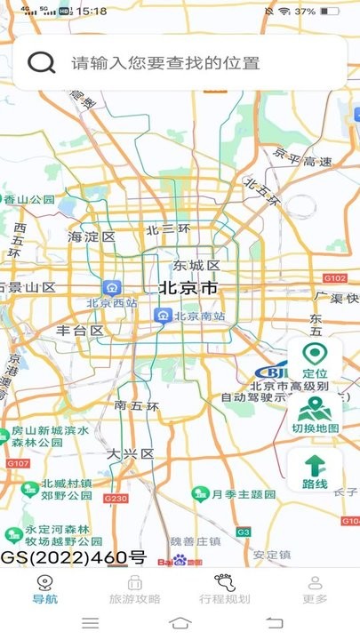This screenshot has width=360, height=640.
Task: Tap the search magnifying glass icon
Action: coord(41,62)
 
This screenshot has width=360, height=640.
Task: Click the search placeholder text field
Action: coord(165,63)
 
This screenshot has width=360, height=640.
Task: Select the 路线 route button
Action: coord(315,472)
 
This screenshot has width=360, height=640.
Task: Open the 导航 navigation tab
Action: coord(44,589)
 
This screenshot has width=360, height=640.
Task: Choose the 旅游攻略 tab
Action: coord(135,589)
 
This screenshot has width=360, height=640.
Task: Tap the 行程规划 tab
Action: coord(225,589)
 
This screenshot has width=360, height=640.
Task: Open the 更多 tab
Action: coord(315,589)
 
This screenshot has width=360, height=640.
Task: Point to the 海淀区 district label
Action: coord(92,237)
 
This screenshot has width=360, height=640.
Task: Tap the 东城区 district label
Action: coord(196,266)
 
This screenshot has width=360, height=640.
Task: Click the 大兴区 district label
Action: coord(130,454)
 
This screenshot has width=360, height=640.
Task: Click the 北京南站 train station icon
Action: coord(163,316)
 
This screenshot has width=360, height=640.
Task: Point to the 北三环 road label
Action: coord(168,229)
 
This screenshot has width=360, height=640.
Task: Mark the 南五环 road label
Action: coord(137,406)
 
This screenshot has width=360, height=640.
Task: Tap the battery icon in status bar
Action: coord(330,12)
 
